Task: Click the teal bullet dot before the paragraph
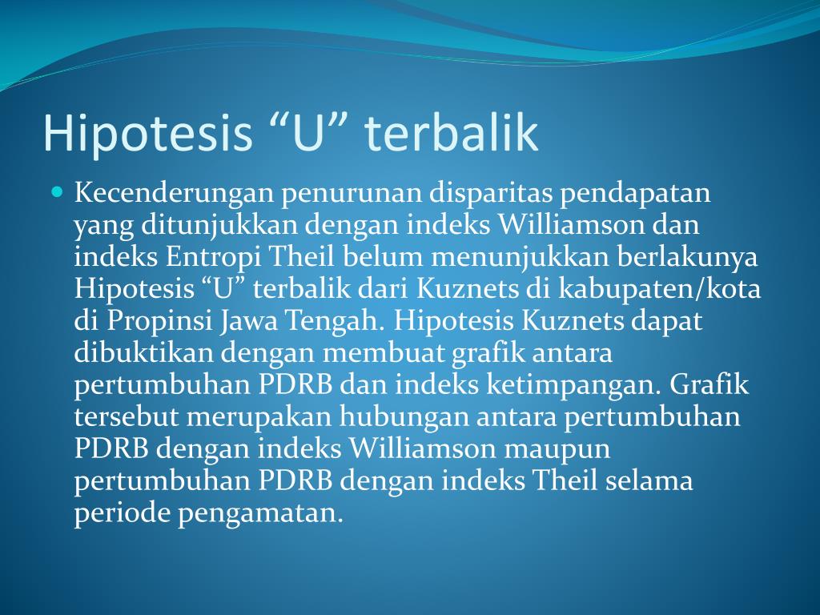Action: click(x=58, y=191)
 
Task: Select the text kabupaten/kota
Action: click(x=659, y=289)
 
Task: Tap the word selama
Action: click(x=649, y=480)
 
